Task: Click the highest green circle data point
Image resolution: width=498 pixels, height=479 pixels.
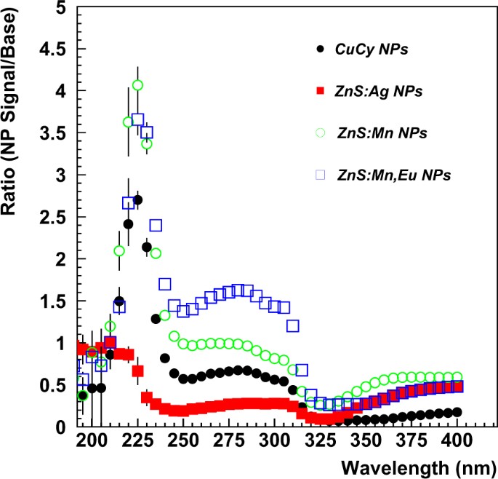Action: tap(137, 85)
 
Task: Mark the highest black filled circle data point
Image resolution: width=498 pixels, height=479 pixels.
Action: tap(137, 199)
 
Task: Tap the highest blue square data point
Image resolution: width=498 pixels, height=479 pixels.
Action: tap(137, 119)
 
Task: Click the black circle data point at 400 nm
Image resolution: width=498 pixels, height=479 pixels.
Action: tap(457, 412)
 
